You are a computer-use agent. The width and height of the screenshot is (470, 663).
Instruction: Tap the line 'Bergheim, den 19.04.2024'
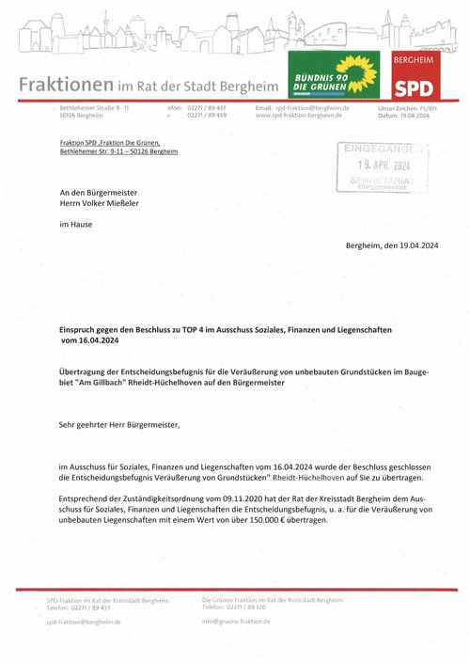(x=405, y=245)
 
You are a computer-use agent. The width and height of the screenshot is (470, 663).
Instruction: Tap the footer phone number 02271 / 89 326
(x=253, y=608)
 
